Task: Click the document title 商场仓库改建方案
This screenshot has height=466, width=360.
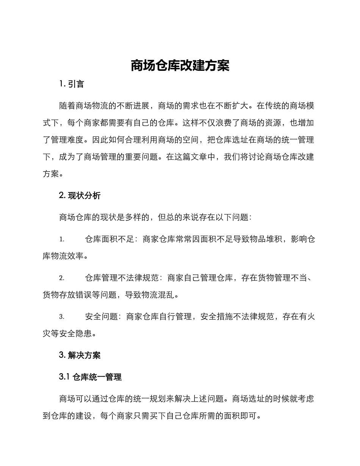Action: (180, 66)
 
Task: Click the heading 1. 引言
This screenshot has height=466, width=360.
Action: (72, 84)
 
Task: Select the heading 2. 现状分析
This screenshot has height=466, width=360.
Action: (80, 195)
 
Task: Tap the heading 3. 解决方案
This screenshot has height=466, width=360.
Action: (80, 355)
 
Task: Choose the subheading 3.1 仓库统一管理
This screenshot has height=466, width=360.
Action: (90, 377)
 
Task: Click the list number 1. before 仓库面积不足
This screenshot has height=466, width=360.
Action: (62, 239)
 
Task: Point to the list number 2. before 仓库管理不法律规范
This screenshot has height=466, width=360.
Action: (62, 278)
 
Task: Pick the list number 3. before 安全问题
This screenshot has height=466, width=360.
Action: (62, 317)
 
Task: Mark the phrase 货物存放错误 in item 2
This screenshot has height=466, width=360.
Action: (67, 294)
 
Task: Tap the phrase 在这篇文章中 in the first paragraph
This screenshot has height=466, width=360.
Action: (191, 157)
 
